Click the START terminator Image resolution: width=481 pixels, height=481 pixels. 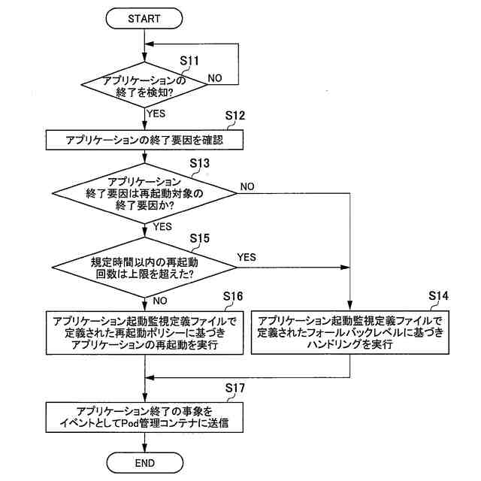pos(144,18)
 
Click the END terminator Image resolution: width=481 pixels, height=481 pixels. pos(145,463)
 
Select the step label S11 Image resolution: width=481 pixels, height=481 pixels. pos(189,61)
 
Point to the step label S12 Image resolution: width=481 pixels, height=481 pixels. pos(235,116)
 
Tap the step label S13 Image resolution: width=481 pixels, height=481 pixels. pos(199,163)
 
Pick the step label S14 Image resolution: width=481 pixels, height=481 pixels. pos(438,295)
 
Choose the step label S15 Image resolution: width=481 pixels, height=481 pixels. pos(199,238)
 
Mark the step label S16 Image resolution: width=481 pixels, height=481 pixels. pos(233,296)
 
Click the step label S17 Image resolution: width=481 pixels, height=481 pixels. pos(235,388)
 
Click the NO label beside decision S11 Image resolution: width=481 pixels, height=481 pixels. pos(215,78)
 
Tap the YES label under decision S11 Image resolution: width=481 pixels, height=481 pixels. pos(156,113)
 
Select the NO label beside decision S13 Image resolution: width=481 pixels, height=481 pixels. pos(247,186)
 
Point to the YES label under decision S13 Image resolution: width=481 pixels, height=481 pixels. pos(162,227)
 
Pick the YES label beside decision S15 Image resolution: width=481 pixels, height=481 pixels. pos(247,257)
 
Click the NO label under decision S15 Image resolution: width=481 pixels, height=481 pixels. pos(160,301)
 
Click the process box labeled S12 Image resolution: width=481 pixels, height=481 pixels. pos(144,140)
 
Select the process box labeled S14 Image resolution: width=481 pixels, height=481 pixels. pos(350,332)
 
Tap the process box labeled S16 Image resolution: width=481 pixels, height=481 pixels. pos(144,333)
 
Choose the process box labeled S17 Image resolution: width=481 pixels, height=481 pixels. pos(144,417)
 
